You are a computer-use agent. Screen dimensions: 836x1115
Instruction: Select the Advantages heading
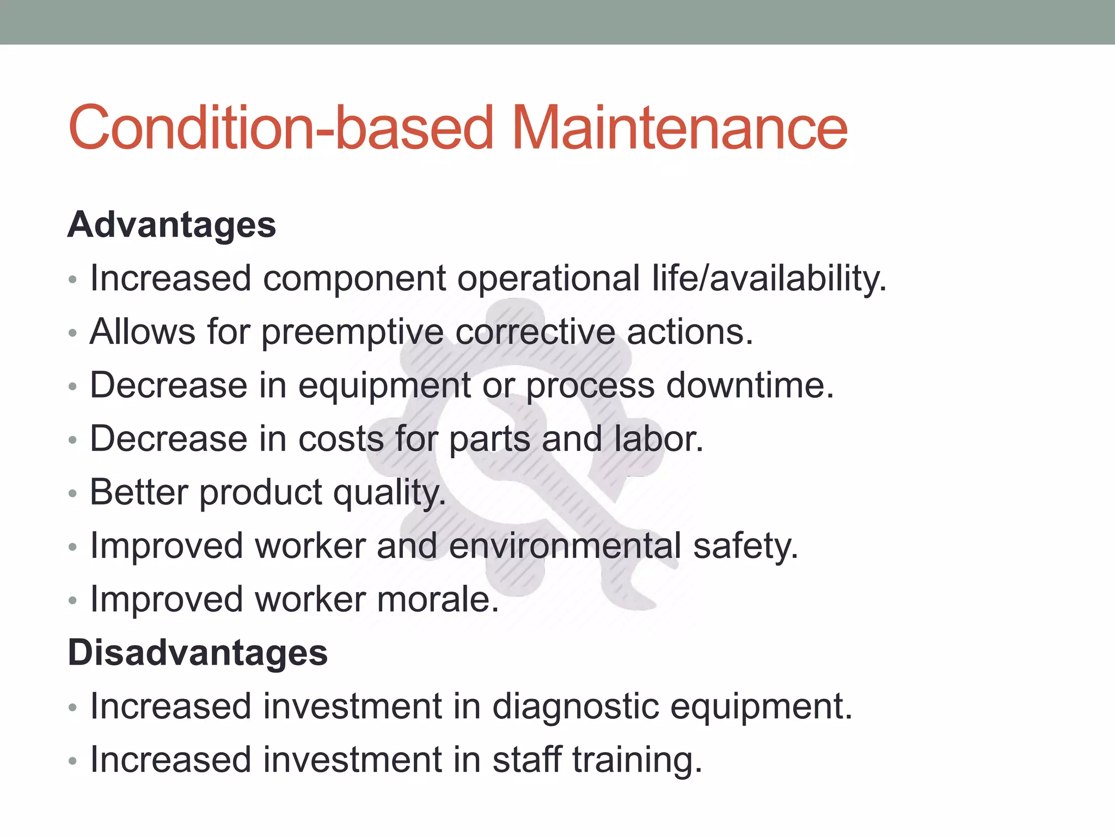click(x=171, y=225)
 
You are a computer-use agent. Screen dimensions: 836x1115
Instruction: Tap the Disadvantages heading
click(x=198, y=653)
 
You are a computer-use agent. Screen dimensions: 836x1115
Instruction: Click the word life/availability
click(x=769, y=279)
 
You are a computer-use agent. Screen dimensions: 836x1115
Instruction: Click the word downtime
click(x=750, y=385)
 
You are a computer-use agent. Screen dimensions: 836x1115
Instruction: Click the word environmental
click(x=565, y=546)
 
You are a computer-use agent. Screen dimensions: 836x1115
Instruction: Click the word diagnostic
click(x=575, y=706)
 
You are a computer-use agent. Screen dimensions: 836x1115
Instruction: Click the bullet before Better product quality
click(x=73, y=494)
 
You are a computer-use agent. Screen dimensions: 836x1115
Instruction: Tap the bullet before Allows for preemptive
click(x=73, y=333)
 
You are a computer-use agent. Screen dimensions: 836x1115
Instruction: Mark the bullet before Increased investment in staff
click(x=73, y=761)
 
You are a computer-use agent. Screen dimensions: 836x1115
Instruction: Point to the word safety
click(x=745, y=546)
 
